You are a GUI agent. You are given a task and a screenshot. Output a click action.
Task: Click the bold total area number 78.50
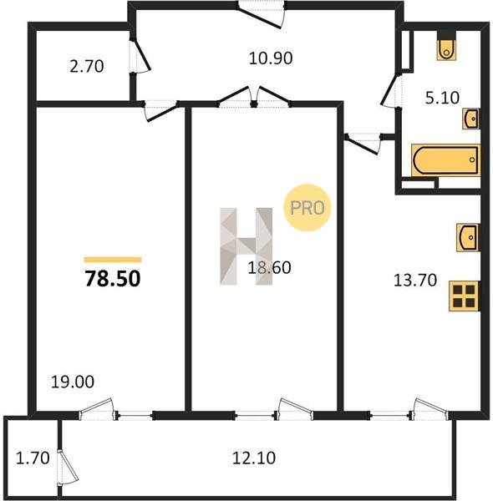pyautogui.click(x=113, y=278)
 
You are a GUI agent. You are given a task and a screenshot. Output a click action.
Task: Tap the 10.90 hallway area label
pyautogui.click(x=271, y=58)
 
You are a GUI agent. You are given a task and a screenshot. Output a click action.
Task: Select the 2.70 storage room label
pyautogui.click(x=87, y=67)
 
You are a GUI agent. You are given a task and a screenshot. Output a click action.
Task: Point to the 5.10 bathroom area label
pyautogui.click(x=442, y=98)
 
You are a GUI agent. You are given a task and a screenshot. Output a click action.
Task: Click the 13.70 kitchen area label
pyautogui.click(x=415, y=281)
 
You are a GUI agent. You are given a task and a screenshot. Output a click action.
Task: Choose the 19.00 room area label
pyautogui.click(x=73, y=382)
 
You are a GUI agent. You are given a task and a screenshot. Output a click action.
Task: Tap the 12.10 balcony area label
pyautogui.click(x=254, y=458)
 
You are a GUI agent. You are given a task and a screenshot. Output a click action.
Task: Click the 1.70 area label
pyautogui.click(x=33, y=458)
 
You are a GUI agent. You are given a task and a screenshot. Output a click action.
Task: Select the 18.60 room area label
pyautogui.click(x=269, y=267)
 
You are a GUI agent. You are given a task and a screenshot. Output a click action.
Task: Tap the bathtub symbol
pyautogui.click(x=445, y=160)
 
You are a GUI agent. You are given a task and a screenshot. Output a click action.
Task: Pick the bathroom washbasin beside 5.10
pyautogui.click(x=471, y=119)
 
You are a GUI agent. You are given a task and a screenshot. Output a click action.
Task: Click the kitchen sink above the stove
pyautogui.click(x=468, y=237)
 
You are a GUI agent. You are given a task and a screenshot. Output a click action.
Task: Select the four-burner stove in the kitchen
pyautogui.click(x=465, y=296)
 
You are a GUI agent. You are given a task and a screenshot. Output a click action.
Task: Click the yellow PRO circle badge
pyautogui.click(x=307, y=208)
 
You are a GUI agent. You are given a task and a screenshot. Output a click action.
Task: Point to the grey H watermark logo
pyautogui.click(x=246, y=246)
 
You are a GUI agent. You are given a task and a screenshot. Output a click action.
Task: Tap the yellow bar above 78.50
pyautogui.click(x=113, y=260)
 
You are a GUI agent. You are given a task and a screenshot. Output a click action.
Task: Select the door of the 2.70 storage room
pyautogui.click(x=140, y=56)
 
